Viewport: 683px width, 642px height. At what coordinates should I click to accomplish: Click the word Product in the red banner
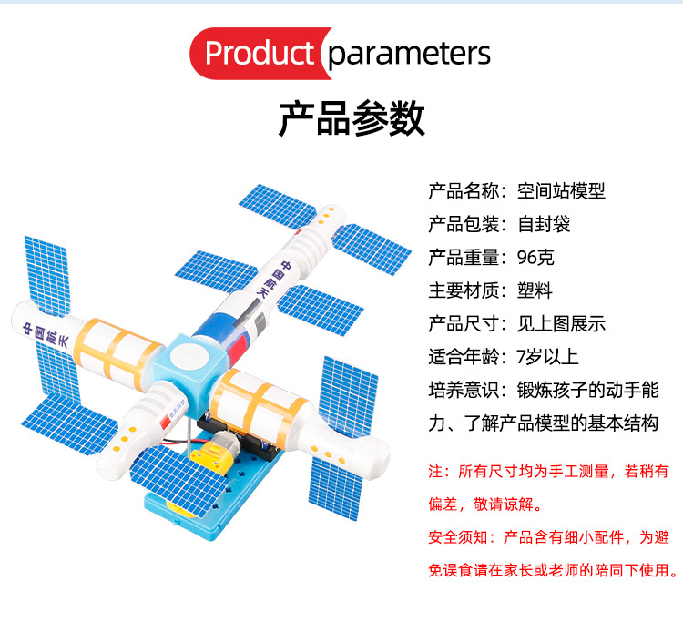[260, 53]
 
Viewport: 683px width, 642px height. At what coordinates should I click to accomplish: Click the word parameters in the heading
[409, 55]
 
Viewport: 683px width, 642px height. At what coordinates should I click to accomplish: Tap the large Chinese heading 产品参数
[352, 118]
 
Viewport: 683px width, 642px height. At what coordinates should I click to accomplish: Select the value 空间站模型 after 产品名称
[561, 190]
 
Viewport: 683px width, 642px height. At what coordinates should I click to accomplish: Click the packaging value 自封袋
[544, 224]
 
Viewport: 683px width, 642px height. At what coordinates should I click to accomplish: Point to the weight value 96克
[535, 257]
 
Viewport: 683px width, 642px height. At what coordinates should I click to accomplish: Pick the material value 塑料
[535, 290]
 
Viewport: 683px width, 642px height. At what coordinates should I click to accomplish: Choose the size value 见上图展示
[561, 323]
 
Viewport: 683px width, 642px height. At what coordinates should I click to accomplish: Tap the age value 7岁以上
[547, 357]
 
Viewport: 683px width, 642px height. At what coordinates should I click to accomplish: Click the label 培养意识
[464, 390]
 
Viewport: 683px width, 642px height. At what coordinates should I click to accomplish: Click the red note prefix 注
[435, 472]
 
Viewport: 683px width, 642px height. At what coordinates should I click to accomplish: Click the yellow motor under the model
[209, 453]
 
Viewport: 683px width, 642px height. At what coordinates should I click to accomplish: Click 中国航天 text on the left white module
[46, 334]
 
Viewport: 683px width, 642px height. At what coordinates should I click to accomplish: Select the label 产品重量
[464, 257]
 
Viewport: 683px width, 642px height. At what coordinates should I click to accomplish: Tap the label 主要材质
[464, 290]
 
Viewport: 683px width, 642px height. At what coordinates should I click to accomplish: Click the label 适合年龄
[464, 357]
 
